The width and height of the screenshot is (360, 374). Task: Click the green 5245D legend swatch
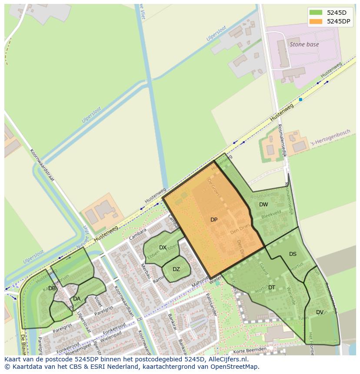(x=316, y=13)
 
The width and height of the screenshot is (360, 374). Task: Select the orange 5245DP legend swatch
(x=316, y=21)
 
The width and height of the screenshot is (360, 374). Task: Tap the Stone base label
(x=304, y=44)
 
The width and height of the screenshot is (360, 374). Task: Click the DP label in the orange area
(x=214, y=220)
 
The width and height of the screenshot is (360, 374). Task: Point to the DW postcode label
(x=263, y=205)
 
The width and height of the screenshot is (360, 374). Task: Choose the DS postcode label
(x=293, y=254)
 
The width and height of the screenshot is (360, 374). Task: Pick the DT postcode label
(x=272, y=288)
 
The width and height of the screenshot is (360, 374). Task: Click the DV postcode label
(x=320, y=312)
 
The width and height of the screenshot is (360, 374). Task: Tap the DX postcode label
(x=163, y=248)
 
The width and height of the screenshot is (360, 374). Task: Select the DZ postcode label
(x=176, y=269)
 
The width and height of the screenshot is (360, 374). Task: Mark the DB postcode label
(x=52, y=288)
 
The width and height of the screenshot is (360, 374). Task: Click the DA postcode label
(x=77, y=299)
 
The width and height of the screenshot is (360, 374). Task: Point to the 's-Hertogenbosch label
(x=331, y=138)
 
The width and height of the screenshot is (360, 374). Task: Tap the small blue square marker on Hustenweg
(x=300, y=99)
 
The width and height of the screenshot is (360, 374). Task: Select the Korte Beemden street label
(x=250, y=350)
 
